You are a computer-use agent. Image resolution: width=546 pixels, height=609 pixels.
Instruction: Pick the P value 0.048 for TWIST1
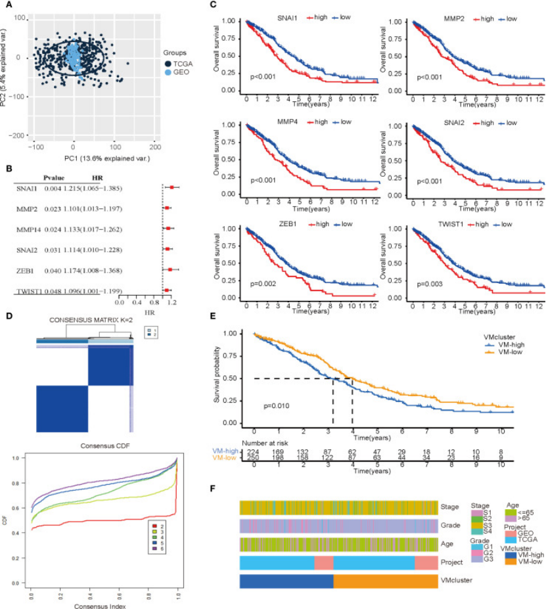(x=53, y=290)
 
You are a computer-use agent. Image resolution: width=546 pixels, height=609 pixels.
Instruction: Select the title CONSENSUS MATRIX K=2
(x=84, y=320)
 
